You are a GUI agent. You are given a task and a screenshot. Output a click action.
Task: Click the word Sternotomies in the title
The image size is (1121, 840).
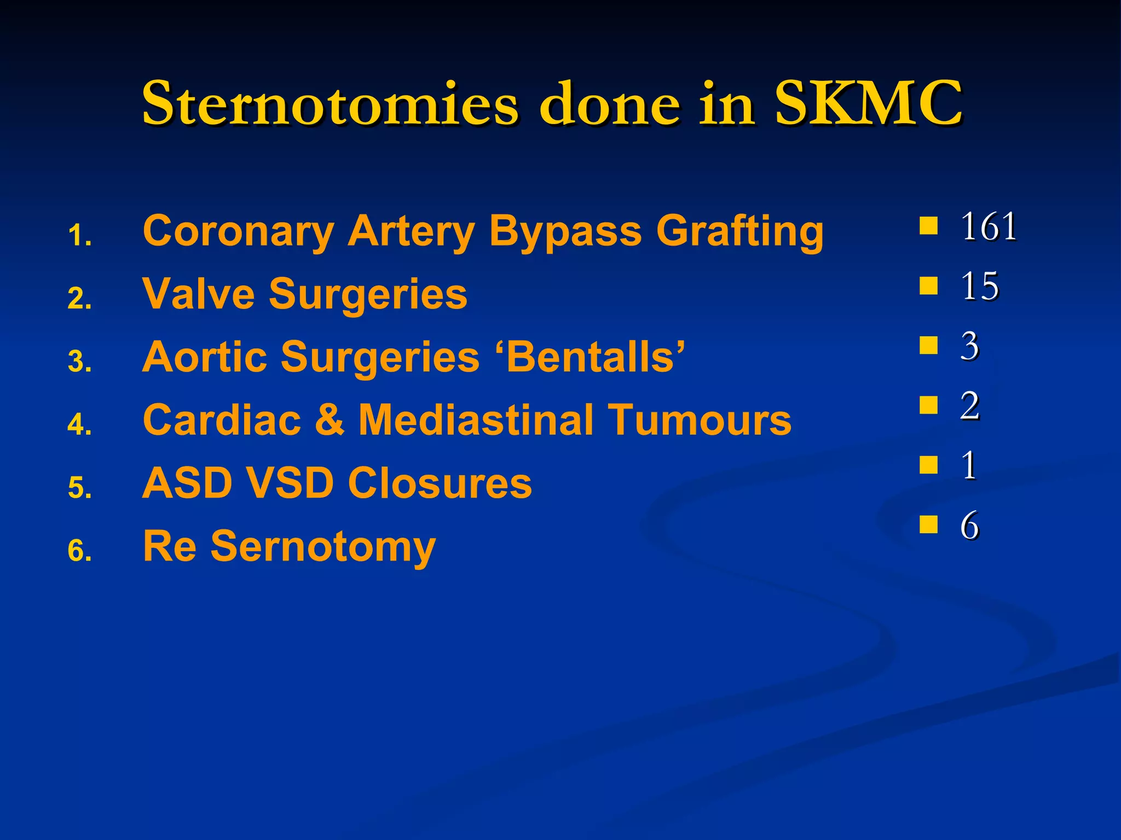329,104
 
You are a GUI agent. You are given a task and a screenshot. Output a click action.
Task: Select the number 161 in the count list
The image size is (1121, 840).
989,226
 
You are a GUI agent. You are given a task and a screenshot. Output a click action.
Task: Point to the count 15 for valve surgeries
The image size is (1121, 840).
979,286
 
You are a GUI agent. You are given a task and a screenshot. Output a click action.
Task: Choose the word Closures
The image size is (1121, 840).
440,483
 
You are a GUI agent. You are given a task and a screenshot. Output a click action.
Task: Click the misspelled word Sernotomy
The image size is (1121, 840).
323,547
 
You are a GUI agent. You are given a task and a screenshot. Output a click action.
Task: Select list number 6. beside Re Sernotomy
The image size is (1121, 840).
79,550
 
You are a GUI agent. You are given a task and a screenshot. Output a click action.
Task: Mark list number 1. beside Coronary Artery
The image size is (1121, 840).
79,236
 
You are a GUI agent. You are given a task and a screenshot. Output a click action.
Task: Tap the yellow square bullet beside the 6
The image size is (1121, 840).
928,524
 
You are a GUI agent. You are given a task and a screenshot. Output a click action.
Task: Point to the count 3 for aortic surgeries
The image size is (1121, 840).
969,346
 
